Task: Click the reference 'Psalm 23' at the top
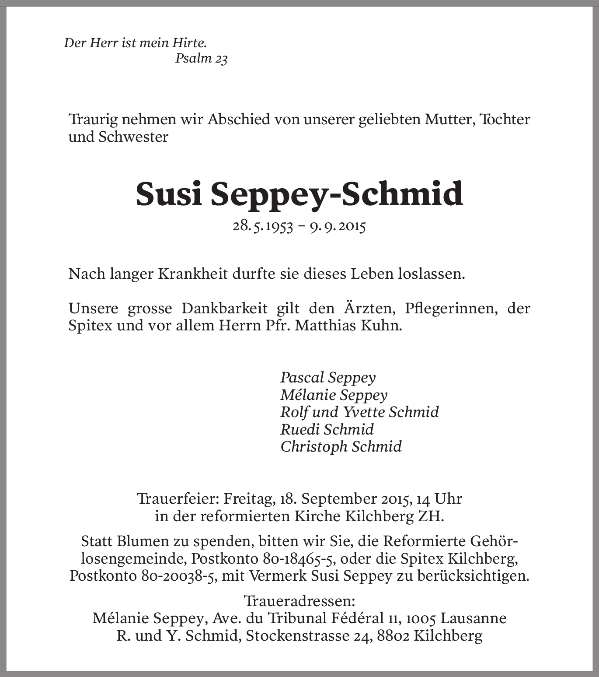click(x=201, y=58)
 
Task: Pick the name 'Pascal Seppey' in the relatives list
click(x=328, y=377)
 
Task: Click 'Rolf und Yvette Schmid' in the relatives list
click(x=359, y=412)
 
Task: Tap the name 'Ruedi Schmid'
click(x=327, y=429)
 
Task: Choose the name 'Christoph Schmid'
click(x=341, y=446)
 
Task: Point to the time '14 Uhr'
click(x=439, y=499)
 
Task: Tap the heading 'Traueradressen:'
click(x=299, y=600)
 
